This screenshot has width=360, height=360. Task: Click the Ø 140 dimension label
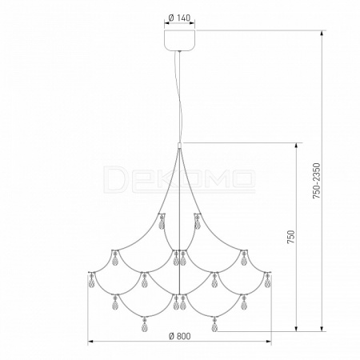180,18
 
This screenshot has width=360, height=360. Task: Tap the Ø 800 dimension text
180,336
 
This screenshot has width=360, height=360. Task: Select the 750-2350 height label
316,181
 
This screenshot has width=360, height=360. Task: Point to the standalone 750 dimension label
291,237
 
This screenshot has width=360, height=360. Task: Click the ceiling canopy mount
180,40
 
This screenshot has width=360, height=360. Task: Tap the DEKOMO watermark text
179,179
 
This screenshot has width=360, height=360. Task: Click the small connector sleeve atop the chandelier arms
180,146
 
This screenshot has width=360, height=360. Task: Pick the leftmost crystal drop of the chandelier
91,282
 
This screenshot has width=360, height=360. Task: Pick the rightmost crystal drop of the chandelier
267,282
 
